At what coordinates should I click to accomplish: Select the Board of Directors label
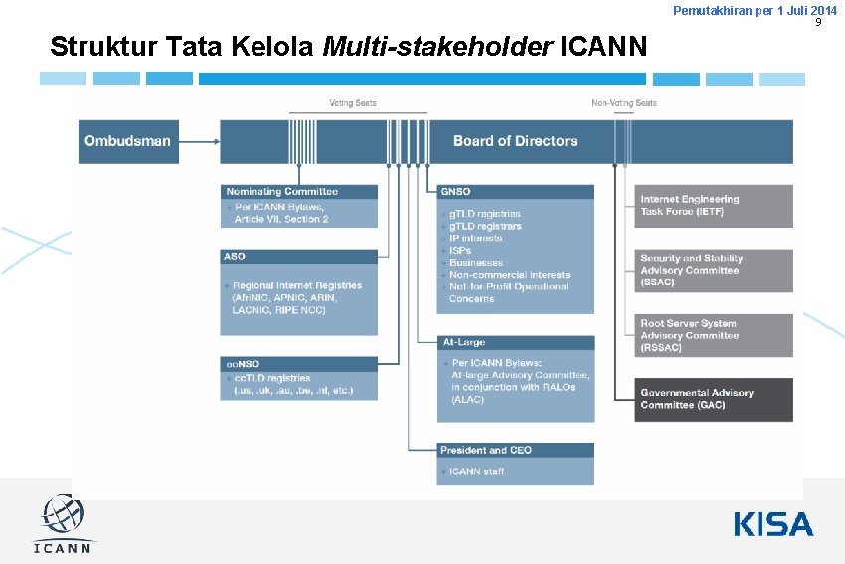tap(515, 141)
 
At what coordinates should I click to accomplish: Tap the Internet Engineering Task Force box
tap(714, 206)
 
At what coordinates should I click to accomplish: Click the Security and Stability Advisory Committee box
tap(714, 270)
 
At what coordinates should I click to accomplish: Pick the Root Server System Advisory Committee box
tap(714, 335)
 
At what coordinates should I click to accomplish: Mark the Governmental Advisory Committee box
tap(714, 399)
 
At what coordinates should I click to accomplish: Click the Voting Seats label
tap(353, 103)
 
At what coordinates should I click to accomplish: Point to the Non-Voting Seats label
tap(624, 103)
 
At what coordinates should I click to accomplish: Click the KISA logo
tap(773, 524)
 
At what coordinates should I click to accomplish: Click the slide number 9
tap(818, 22)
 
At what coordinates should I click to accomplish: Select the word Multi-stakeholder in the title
tap(438, 46)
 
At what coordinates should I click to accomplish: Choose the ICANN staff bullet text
tap(477, 471)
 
